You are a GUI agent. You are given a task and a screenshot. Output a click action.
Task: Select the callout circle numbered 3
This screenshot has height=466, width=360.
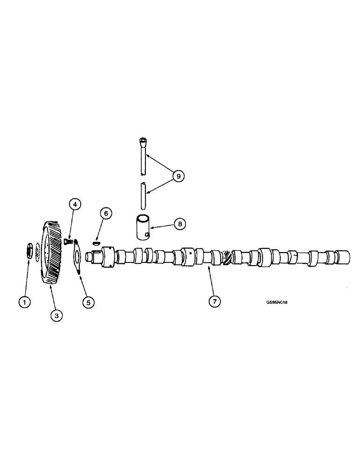(x=56, y=315)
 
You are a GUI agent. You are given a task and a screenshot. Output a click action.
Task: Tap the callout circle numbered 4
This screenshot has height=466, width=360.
(x=75, y=204)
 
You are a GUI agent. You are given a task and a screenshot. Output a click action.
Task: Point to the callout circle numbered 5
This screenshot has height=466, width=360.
(x=88, y=302)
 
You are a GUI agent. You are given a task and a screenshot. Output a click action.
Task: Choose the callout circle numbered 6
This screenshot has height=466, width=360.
(x=106, y=213)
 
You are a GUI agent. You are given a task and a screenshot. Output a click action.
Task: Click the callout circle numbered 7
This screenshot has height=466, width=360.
(x=214, y=302)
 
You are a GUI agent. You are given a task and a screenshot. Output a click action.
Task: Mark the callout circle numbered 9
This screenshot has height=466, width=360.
(x=178, y=176)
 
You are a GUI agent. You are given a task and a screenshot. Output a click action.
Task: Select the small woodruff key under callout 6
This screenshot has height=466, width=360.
(x=96, y=242)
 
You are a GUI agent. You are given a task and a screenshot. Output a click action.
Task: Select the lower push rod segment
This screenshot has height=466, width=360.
(x=143, y=196)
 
